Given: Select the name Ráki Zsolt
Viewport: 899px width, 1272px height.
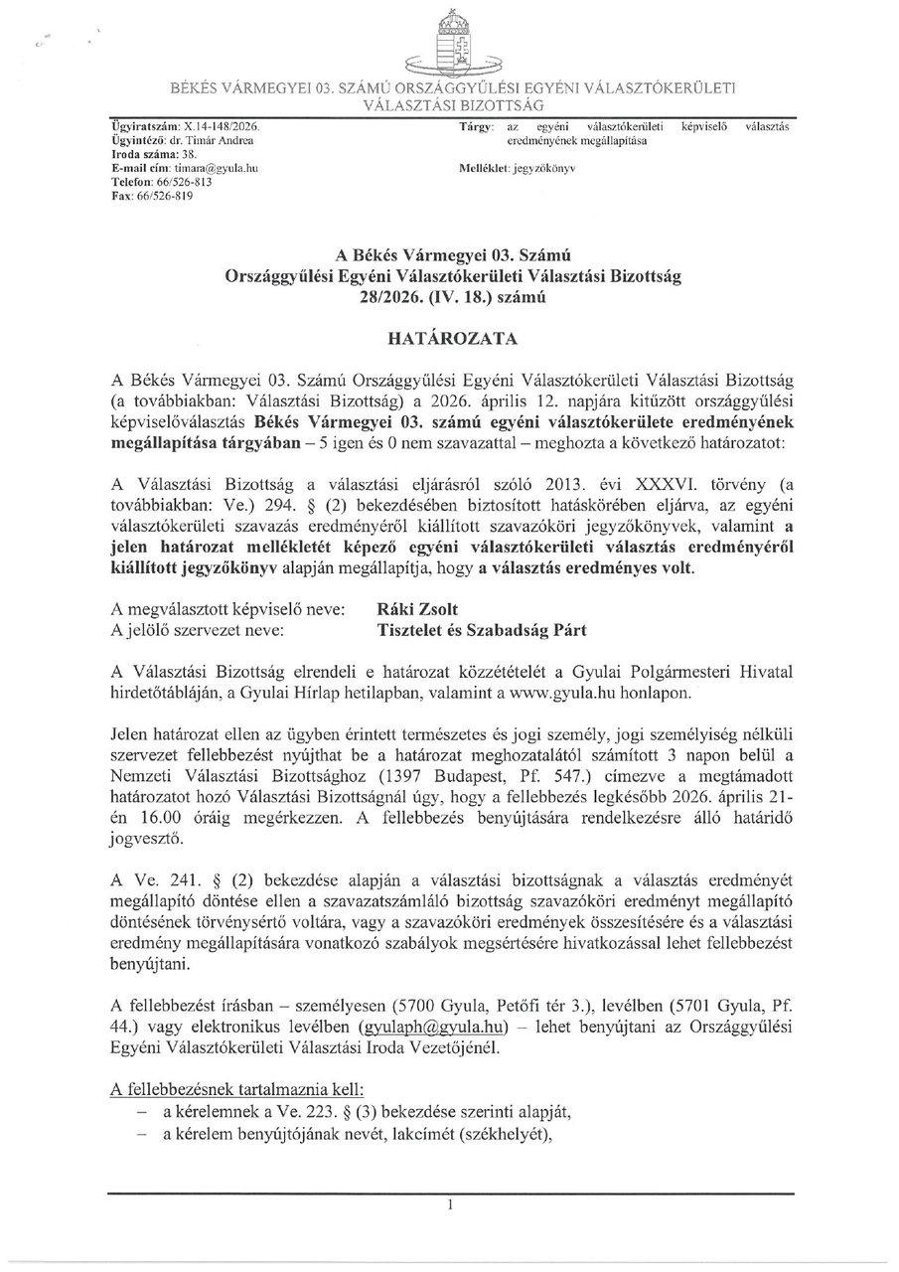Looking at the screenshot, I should point(418,608).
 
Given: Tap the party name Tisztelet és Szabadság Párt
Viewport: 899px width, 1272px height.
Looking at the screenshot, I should point(482,630).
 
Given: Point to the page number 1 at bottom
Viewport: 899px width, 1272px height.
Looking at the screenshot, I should point(450,1204).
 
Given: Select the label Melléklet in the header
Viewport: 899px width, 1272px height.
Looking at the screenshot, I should point(478,170).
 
